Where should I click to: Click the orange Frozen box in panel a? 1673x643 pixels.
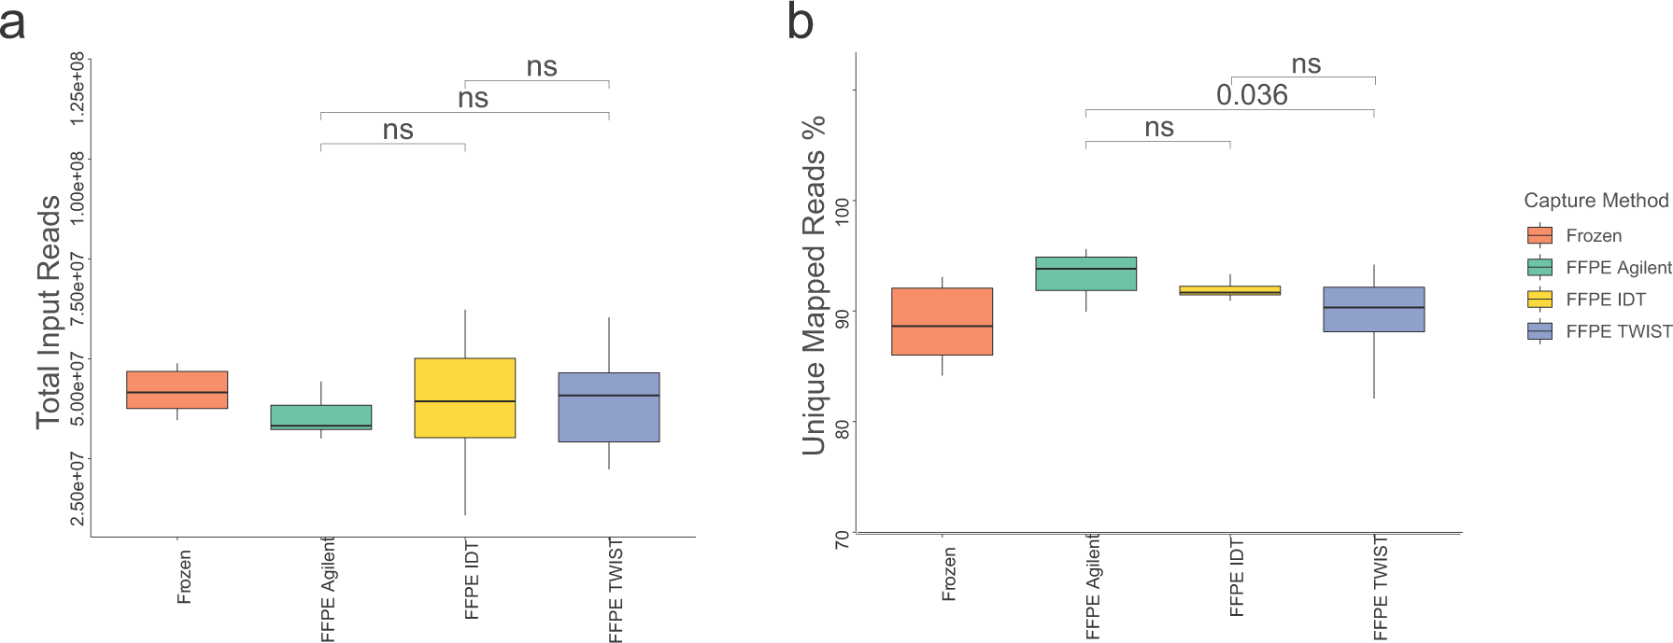177,389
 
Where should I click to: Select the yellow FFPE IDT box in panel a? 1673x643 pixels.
464,398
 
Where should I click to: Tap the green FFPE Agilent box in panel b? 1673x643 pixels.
1085,273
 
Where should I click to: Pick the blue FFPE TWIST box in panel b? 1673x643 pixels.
1373,309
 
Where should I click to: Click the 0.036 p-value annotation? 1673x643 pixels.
1251,95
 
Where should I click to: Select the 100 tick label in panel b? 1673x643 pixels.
843,210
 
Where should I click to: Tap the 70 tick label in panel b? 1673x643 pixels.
843,539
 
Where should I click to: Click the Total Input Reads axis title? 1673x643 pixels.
49,312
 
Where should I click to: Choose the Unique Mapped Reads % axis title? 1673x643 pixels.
815,285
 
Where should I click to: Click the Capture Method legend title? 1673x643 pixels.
1595,201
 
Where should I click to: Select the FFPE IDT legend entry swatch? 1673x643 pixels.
1539,300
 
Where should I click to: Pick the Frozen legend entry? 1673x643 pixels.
1593,236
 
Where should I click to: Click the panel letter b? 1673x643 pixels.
801,22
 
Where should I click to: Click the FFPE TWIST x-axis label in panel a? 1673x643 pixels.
616,590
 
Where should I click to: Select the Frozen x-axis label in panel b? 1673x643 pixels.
949,574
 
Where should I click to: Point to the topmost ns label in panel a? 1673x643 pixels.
542,67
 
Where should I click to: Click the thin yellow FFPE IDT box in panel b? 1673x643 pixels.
1229,290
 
